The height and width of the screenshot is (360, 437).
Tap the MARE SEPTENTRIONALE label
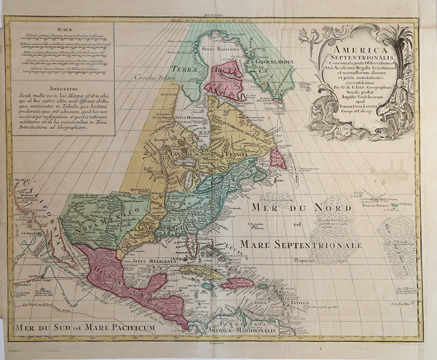click(x=302, y=245)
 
